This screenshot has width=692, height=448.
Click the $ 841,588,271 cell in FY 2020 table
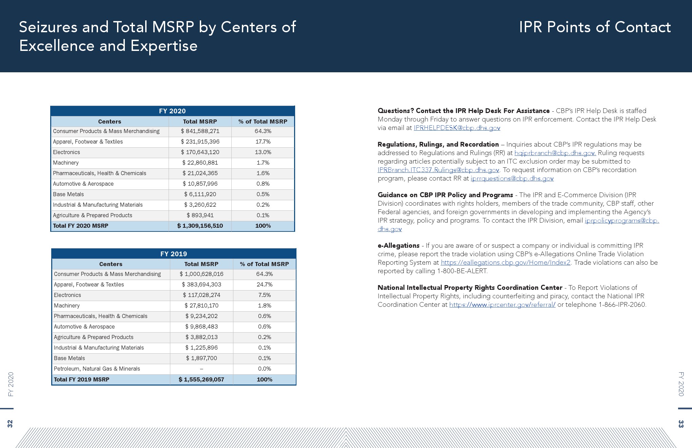tap(200, 131)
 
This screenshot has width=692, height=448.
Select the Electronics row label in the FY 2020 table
tap(66, 152)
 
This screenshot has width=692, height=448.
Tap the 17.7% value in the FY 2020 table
tap(263, 142)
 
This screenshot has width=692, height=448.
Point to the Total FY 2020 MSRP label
tap(80, 226)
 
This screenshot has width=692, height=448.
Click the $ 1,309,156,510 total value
tap(200, 226)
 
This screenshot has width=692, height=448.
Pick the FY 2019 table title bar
tap(174, 254)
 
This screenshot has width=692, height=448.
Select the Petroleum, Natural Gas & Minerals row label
tap(97, 369)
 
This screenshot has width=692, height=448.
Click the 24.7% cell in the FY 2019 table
tap(265, 285)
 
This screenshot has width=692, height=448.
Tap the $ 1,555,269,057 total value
tap(201, 379)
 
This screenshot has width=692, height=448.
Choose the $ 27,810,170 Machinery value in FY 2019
tap(201, 306)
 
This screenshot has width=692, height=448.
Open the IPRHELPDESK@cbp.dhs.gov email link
tap(457, 128)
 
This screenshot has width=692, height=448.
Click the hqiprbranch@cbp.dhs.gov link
tap(555, 153)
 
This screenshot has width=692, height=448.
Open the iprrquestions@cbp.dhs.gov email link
tap(512, 179)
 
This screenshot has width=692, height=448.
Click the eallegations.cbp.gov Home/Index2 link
tap(505, 263)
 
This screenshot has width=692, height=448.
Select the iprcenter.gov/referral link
tap(502, 305)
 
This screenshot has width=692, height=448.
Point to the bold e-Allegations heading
tap(399, 246)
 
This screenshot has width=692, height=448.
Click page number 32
tap(10, 424)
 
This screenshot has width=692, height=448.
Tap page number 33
tap(681, 424)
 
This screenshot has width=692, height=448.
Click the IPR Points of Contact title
tap(595, 27)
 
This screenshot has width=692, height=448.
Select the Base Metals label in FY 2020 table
tap(69, 194)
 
